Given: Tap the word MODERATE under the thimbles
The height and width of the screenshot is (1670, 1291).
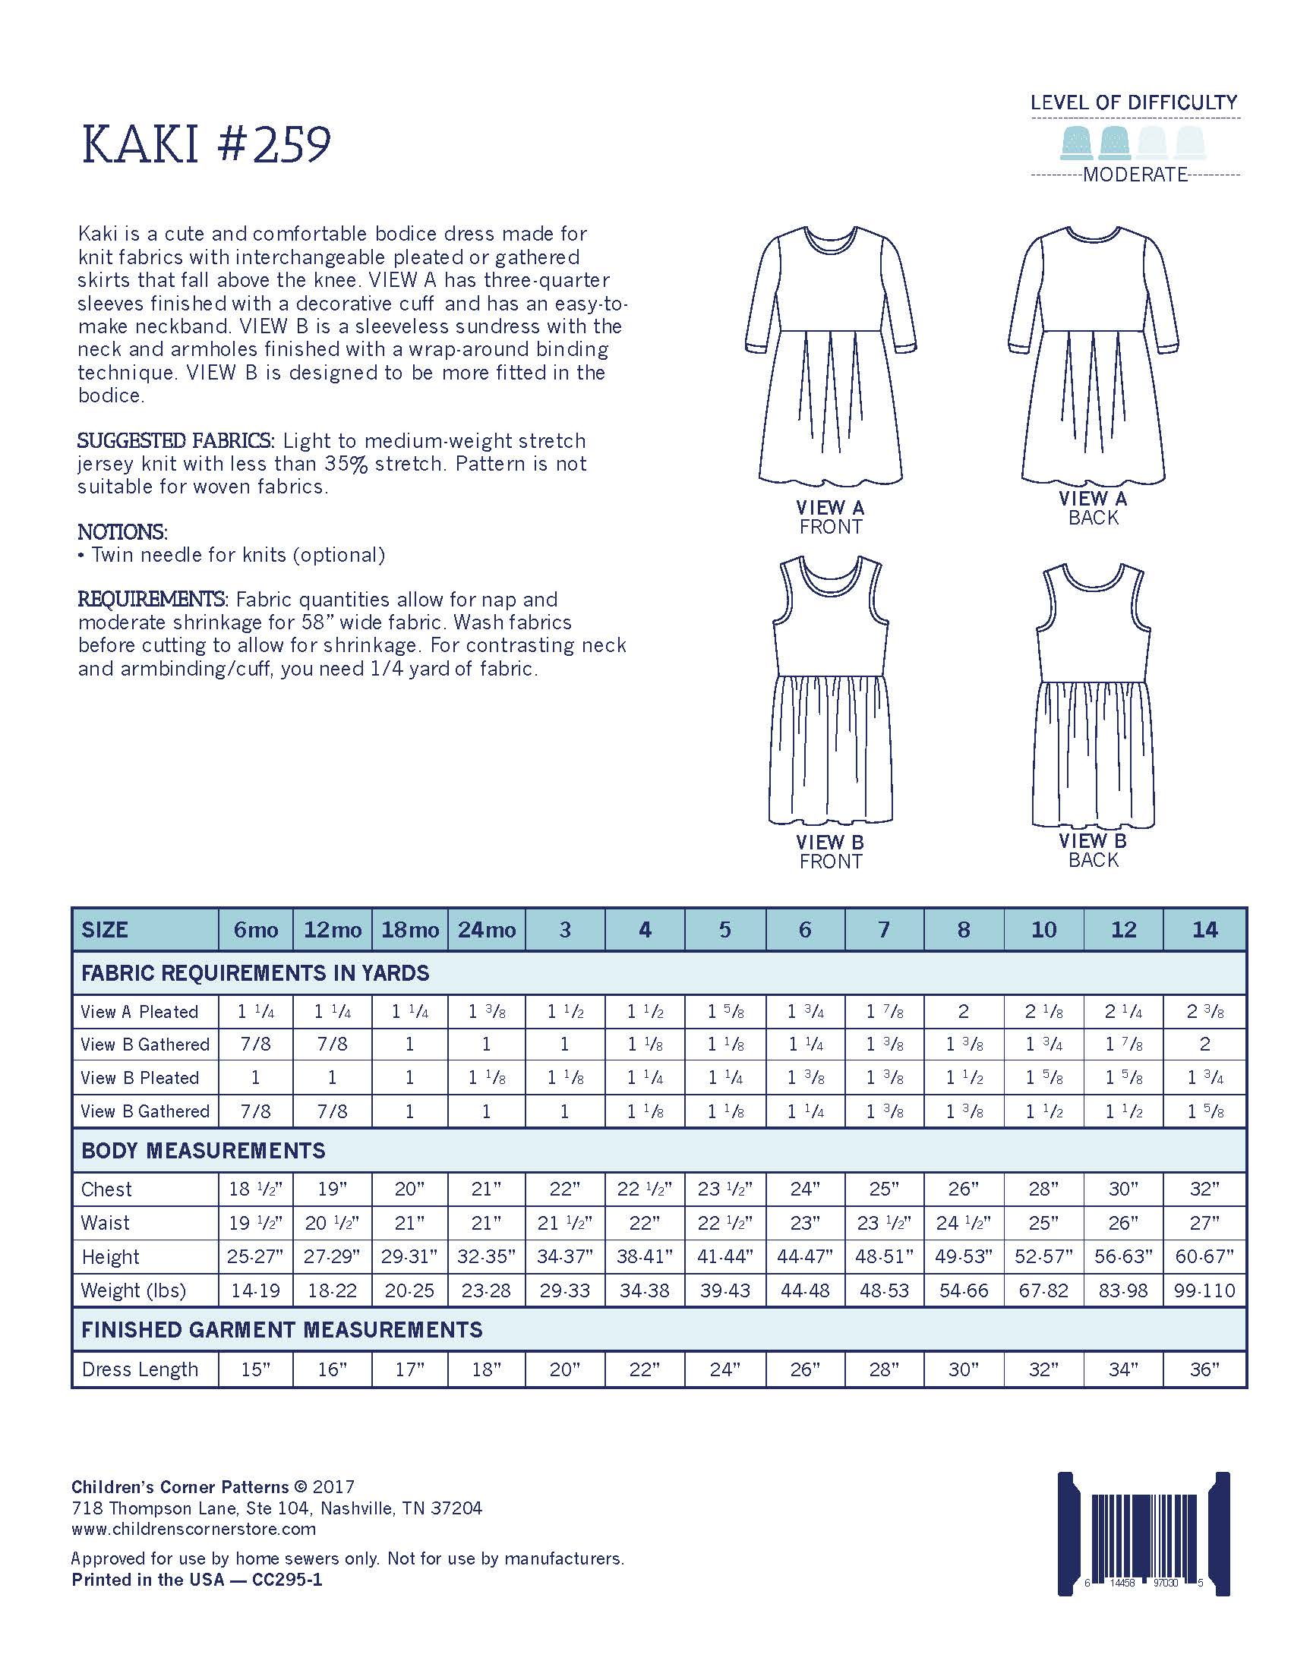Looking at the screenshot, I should [x=1135, y=175].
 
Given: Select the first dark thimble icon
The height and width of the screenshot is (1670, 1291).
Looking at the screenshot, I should [x=1077, y=142].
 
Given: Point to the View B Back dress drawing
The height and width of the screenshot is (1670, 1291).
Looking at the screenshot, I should [x=1093, y=696].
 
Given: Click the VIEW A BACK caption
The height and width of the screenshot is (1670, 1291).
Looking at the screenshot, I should [x=1093, y=508].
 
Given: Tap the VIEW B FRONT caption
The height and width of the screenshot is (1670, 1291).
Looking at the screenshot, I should [x=830, y=851].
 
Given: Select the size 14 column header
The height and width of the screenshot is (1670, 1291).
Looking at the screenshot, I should [x=1204, y=929].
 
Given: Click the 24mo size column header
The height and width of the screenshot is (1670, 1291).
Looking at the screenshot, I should [x=487, y=929].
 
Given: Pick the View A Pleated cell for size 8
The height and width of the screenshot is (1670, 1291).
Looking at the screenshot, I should [x=963, y=1012].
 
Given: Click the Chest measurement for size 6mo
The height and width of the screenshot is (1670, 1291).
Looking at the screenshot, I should [x=255, y=1189].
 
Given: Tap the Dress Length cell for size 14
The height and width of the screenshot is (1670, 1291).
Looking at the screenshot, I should [x=1204, y=1369].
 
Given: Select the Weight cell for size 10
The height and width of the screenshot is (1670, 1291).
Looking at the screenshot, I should [x=1043, y=1290].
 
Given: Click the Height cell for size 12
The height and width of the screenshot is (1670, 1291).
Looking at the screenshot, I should [x=1123, y=1256].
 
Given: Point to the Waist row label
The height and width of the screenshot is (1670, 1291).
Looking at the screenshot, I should [x=106, y=1223].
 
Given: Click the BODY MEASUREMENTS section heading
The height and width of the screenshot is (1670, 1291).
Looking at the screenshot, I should [x=204, y=1151].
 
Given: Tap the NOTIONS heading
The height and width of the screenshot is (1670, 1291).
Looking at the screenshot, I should [x=122, y=531].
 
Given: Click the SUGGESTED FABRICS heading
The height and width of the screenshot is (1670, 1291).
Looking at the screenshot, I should [x=175, y=440].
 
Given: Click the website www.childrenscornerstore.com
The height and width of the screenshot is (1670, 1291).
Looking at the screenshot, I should [x=194, y=1529].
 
